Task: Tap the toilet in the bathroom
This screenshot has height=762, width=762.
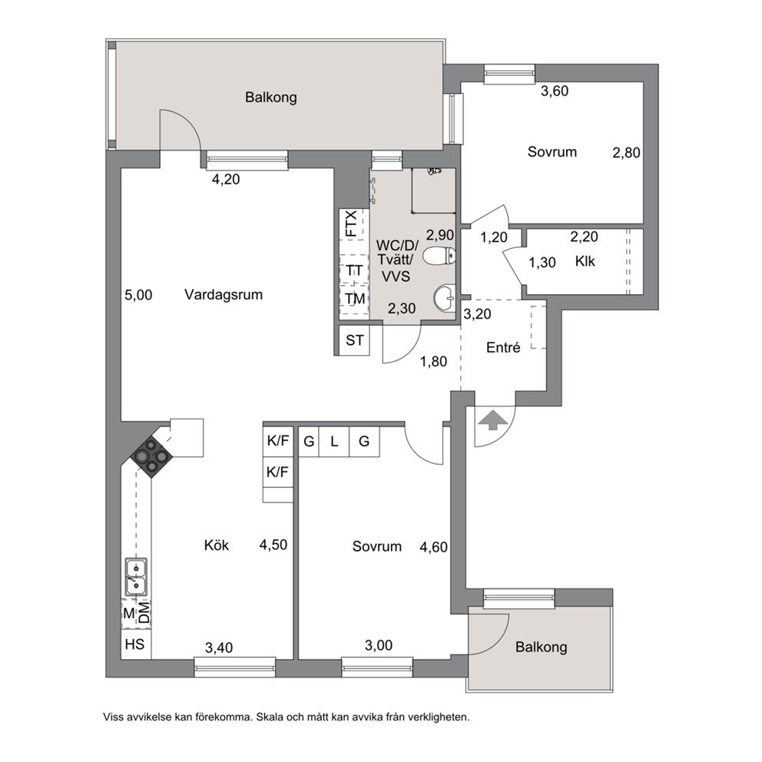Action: [439, 256]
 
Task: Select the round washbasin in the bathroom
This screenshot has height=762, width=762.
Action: [444, 297]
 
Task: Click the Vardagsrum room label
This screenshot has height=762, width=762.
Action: [224, 294]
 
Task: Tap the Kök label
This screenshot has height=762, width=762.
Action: [217, 545]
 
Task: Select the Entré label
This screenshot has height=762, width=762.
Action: [503, 347]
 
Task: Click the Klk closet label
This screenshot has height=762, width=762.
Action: [585, 261]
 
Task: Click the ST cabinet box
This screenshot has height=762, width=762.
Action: [354, 340]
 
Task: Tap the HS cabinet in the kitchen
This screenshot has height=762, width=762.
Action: [135, 644]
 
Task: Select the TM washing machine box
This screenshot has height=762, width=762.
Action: [354, 299]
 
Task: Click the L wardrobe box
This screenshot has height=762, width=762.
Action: [334, 442]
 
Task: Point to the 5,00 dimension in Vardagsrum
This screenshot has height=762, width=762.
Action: [138, 295]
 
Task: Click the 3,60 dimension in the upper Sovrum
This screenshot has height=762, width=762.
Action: [555, 91]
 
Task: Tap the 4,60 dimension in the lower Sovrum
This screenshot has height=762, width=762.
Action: [433, 547]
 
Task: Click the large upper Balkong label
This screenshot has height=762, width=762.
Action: [270, 98]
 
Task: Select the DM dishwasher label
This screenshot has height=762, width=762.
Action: [144, 612]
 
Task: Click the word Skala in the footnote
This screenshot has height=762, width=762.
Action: [269, 717]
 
